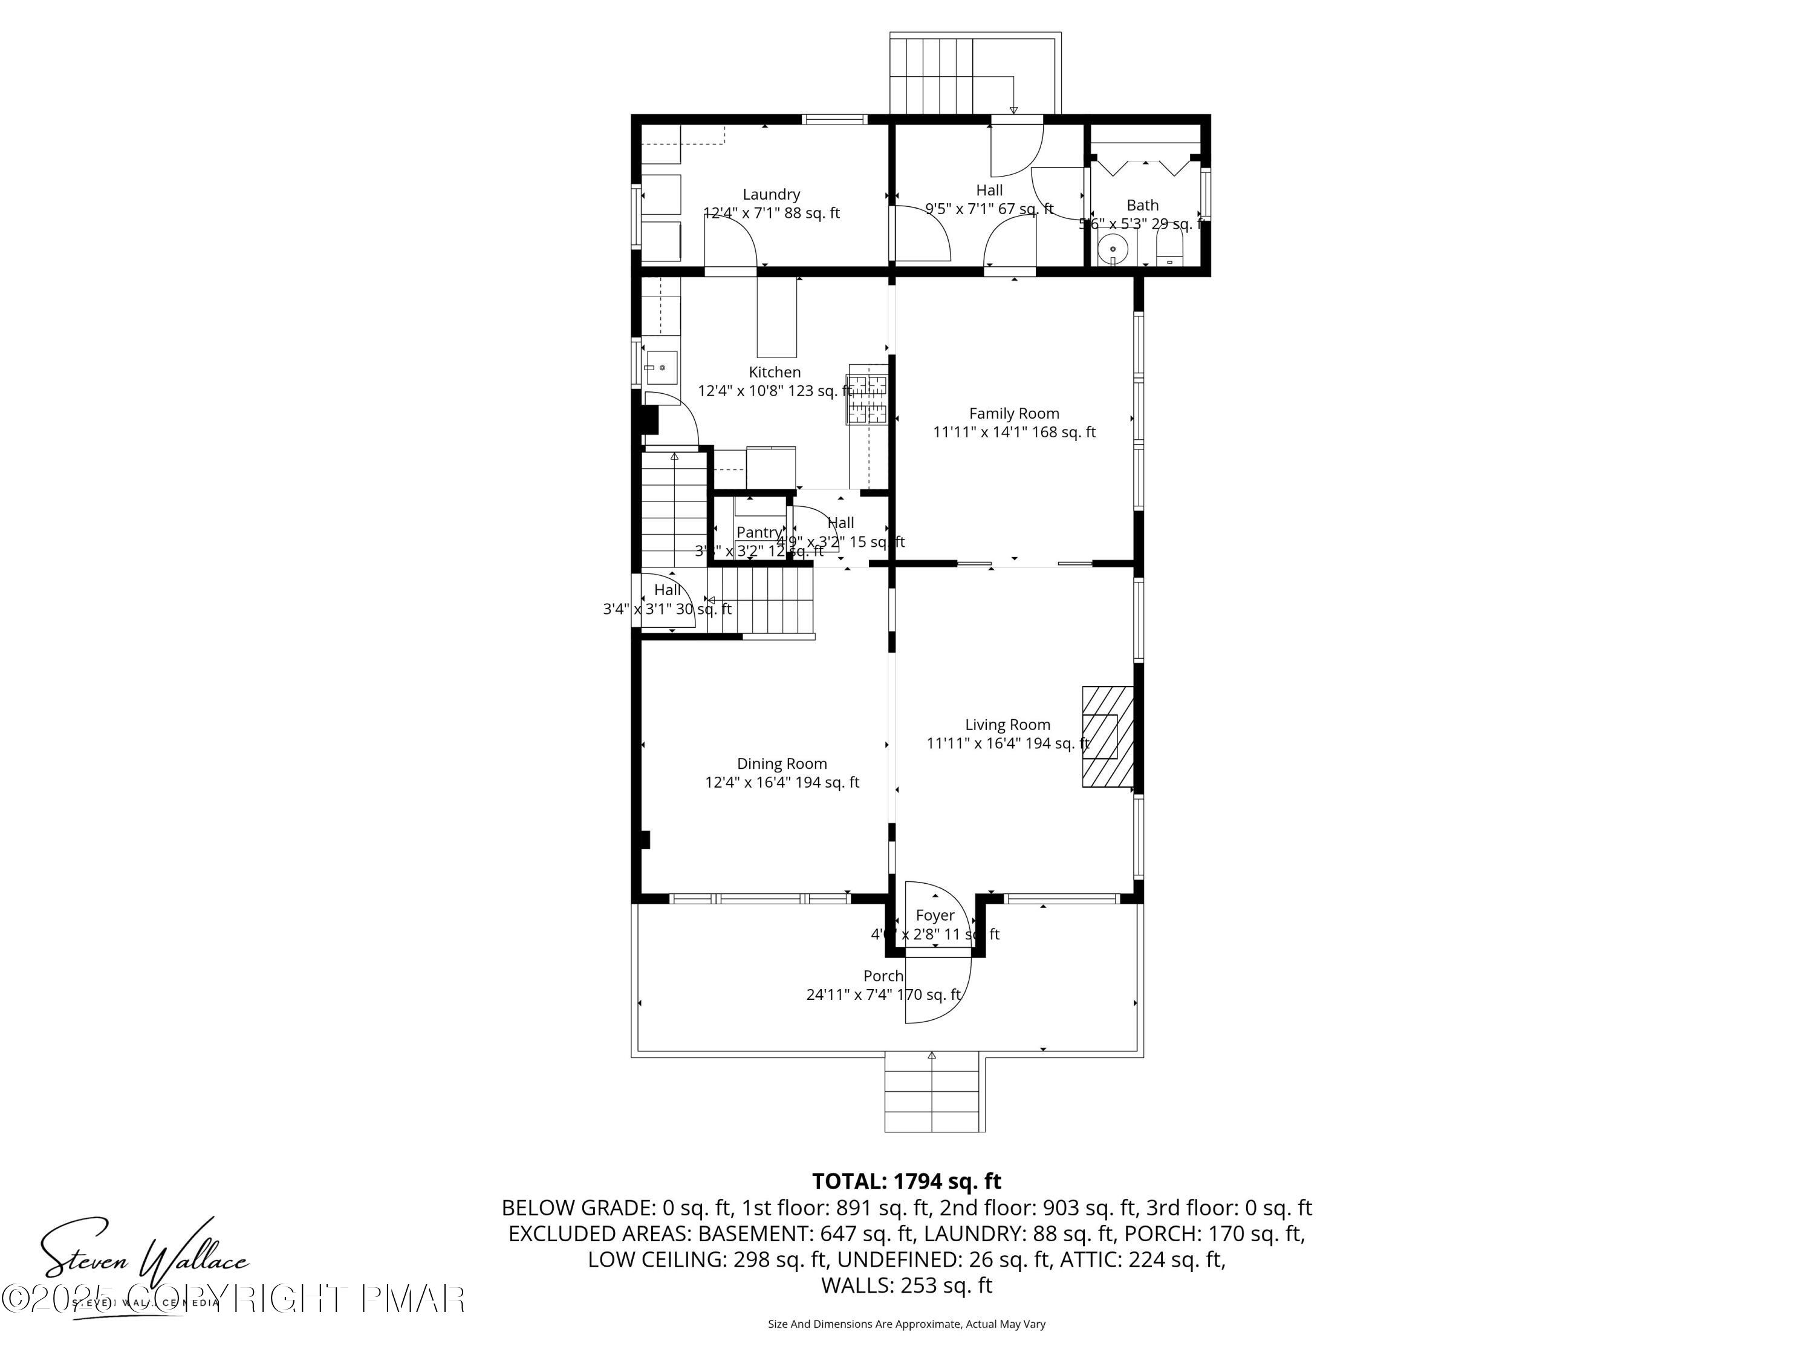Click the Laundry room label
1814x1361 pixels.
[x=771, y=194]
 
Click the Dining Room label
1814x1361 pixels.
[x=781, y=764]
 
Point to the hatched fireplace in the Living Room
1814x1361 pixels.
[x=1108, y=737]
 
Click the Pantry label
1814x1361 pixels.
[x=759, y=532]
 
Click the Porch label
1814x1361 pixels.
[x=883, y=976]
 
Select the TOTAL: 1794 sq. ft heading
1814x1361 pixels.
[x=906, y=1181]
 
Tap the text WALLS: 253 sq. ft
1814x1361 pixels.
[x=906, y=1285]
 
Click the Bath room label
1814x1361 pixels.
[x=1142, y=205]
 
